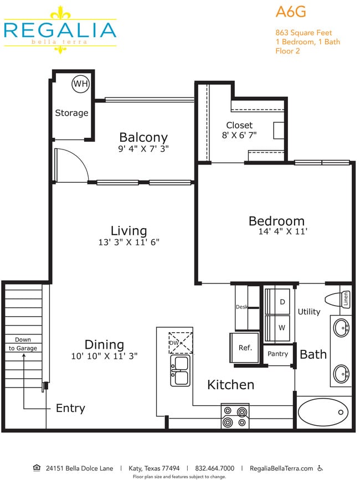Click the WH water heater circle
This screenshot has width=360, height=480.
[x=80, y=84]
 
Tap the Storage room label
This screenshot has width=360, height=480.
[x=71, y=113]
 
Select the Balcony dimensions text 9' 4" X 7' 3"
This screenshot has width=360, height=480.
[x=143, y=149]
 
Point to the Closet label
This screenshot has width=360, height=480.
[x=239, y=125]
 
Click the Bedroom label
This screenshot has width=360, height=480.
[x=276, y=221]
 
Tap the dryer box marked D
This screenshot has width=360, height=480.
[x=282, y=302]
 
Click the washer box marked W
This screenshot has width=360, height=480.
[x=282, y=327]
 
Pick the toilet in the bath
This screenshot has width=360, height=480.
[x=334, y=300]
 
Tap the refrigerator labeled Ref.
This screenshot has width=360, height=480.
[x=245, y=348]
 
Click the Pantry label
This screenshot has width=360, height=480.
[x=277, y=354]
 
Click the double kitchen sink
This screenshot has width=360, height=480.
[x=180, y=370]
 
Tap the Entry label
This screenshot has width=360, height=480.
[x=70, y=409]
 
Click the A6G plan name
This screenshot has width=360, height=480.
[x=291, y=13]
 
